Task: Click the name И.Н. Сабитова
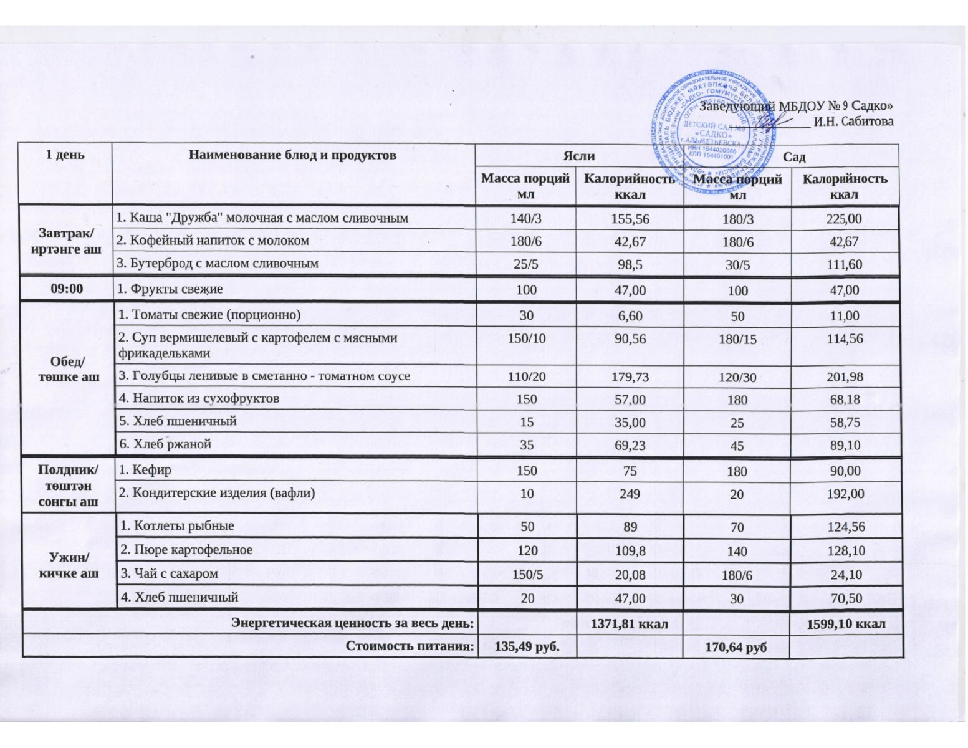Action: [853, 122]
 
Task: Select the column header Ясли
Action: [579, 156]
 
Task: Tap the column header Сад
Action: [794, 156]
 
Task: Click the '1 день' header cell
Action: [65, 155]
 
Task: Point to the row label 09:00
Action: [66, 289]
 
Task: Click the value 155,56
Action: [630, 218]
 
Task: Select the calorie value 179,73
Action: [630, 376]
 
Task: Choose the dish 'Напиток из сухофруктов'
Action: [199, 398]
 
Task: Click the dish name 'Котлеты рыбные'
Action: [176, 525]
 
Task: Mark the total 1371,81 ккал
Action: [629, 623]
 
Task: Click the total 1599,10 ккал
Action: [846, 623]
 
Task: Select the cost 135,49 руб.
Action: [527, 646]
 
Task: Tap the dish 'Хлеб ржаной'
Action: [165, 444]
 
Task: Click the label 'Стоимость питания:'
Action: [409, 646]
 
